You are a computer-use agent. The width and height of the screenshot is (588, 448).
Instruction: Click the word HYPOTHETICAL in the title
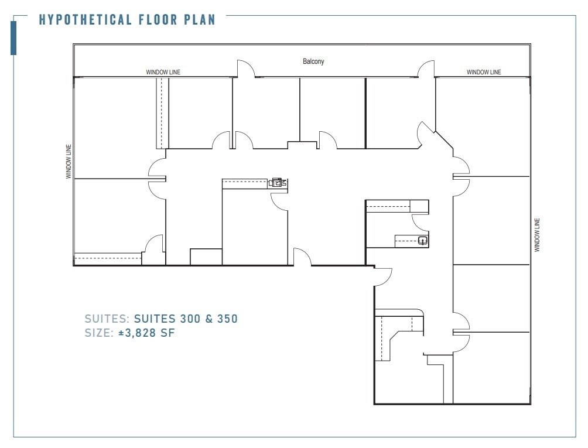pyautogui.click(x=86, y=19)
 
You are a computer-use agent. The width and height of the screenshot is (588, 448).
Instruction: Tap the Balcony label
pyautogui.click(x=313, y=61)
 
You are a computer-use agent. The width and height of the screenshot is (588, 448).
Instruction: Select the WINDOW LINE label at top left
pyautogui.click(x=163, y=72)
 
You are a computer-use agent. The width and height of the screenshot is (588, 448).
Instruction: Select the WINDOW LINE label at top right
pyautogui.click(x=484, y=72)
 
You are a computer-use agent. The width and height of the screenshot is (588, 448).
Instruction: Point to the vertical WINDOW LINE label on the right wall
pyautogui.click(x=536, y=235)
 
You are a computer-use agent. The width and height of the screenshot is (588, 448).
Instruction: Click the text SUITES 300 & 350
pyautogui.click(x=186, y=319)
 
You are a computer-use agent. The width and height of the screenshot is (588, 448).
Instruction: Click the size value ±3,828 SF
pyautogui.click(x=146, y=333)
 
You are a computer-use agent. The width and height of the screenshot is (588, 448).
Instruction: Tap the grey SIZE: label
pyautogui.click(x=99, y=333)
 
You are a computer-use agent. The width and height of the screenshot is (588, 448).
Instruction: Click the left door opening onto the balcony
pyautogui.click(x=247, y=69)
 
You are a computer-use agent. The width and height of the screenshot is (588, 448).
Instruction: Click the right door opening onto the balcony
pyautogui.click(x=426, y=69)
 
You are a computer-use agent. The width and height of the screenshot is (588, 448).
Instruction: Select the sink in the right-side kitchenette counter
pyautogui.click(x=422, y=239)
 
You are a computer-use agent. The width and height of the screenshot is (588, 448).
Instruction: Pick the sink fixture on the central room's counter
pyautogui.click(x=278, y=183)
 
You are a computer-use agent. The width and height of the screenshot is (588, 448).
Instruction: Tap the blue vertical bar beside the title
pyautogui.click(x=13, y=37)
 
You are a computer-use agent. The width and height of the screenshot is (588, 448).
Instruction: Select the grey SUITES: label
pyautogui.click(x=107, y=319)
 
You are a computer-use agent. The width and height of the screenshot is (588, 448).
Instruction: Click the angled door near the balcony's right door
pyautogui.click(x=425, y=134)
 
